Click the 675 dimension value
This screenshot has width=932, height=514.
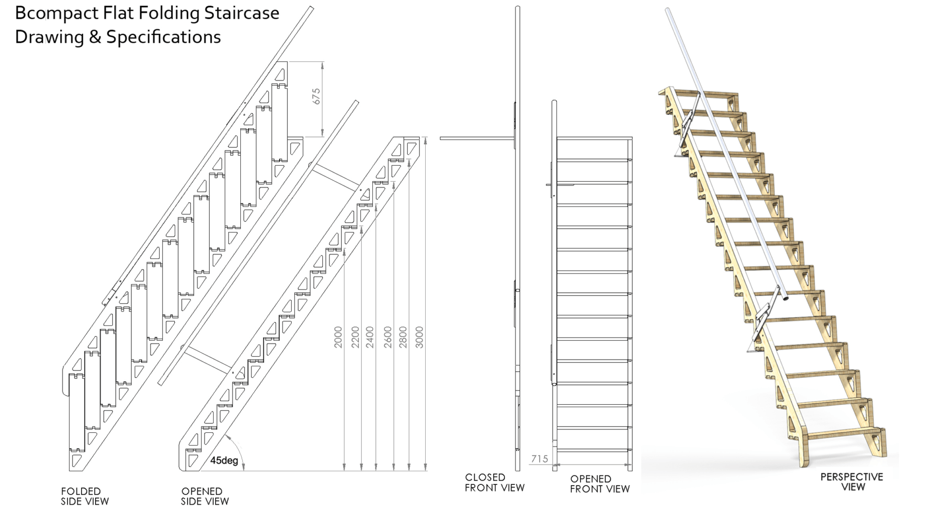pos(316,96)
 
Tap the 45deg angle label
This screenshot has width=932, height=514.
pos(224,460)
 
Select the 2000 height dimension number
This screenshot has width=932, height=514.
pos(338,337)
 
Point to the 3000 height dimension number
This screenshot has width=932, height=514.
pos(420,337)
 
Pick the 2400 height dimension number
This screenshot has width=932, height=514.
pos(370,337)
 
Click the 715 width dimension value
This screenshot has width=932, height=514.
pos(539,459)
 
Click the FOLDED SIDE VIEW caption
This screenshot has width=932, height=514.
pos(85,496)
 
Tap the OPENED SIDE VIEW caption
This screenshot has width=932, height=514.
pos(205,496)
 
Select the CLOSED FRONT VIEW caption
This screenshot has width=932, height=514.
pos(494,482)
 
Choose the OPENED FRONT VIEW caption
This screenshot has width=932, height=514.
pos(599,484)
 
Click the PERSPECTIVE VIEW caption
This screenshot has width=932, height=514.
pos(851,481)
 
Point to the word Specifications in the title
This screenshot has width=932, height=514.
pos(164,37)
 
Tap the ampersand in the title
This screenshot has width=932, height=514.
pos(95,37)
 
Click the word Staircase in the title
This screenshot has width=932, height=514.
pos(241,14)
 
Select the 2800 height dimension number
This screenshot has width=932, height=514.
pos(403,337)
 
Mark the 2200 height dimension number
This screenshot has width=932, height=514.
pos(355,337)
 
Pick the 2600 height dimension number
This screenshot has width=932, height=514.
pos(387,337)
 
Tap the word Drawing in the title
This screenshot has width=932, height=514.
pos(49,37)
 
